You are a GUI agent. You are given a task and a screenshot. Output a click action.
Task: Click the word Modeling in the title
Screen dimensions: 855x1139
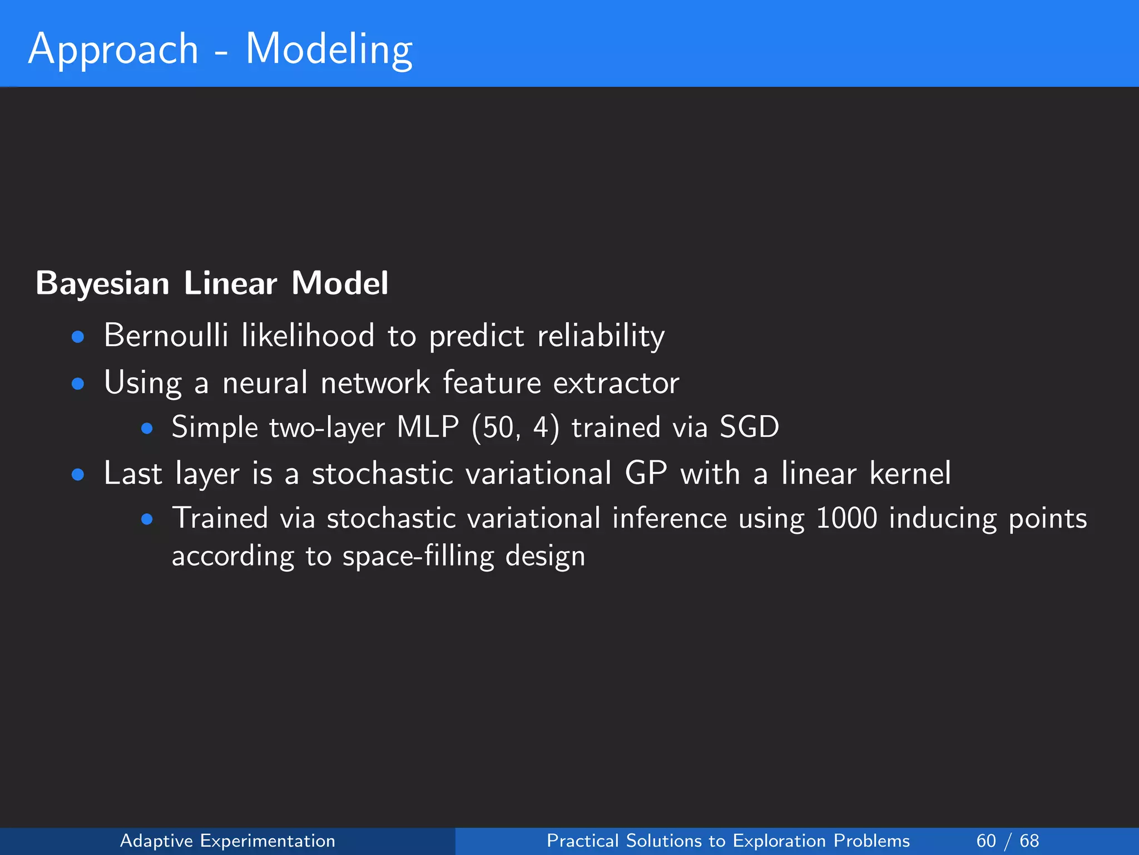click(329, 49)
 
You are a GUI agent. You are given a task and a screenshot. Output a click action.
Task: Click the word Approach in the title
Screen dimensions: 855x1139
click(113, 49)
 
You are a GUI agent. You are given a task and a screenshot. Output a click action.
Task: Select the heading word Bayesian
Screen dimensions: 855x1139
click(102, 283)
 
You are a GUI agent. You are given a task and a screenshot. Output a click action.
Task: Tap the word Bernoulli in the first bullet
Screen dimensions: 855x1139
click(166, 336)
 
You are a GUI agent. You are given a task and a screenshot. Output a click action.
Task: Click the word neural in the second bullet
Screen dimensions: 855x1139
click(265, 383)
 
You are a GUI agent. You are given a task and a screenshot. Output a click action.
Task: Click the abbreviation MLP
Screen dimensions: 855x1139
click(428, 427)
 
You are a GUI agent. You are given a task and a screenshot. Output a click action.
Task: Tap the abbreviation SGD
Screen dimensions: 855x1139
click(749, 427)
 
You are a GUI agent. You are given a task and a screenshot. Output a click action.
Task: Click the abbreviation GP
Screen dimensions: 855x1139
click(646, 474)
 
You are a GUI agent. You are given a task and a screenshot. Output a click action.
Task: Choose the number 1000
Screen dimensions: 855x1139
click(846, 518)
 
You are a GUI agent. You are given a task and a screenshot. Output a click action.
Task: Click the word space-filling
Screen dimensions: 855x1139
click(418, 556)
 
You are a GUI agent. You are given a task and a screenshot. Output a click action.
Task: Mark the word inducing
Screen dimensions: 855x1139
click(942, 518)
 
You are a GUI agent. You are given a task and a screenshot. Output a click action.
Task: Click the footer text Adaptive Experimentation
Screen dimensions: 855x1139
click(227, 841)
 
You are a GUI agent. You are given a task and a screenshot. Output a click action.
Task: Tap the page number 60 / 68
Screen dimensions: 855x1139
click(1007, 841)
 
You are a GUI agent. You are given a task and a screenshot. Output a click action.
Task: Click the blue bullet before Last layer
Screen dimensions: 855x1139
click(78, 475)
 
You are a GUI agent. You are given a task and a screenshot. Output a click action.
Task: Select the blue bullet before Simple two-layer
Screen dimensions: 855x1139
click(147, 428)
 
